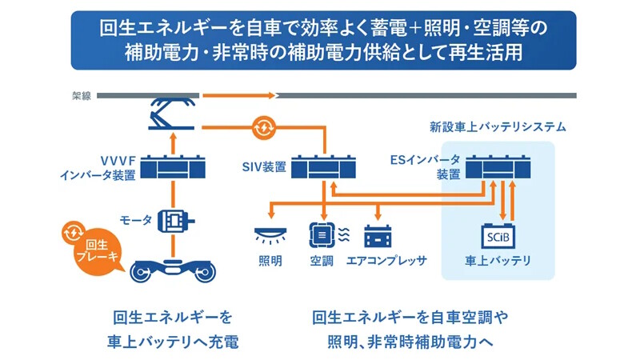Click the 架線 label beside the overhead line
click(82, 95)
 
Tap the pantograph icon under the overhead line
click(172, 114)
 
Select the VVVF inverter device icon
click(173, 166)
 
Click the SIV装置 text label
click(264, 167)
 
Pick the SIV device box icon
click(323, 166)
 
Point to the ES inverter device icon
click(498, 166)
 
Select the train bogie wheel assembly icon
click(173, 270)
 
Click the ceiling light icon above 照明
click(270, 235)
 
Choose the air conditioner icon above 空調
click(329, 235)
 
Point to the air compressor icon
click(378, 236)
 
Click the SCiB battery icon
click(498, 236)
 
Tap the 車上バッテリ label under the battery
click(498, 261)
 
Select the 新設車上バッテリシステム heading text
click(498, 127)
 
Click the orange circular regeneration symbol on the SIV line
click(264, 128)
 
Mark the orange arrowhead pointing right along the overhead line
click(272, 95)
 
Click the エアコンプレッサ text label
click(386, 261)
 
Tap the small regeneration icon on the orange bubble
click(74, 232)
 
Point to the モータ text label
click(135, 221)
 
